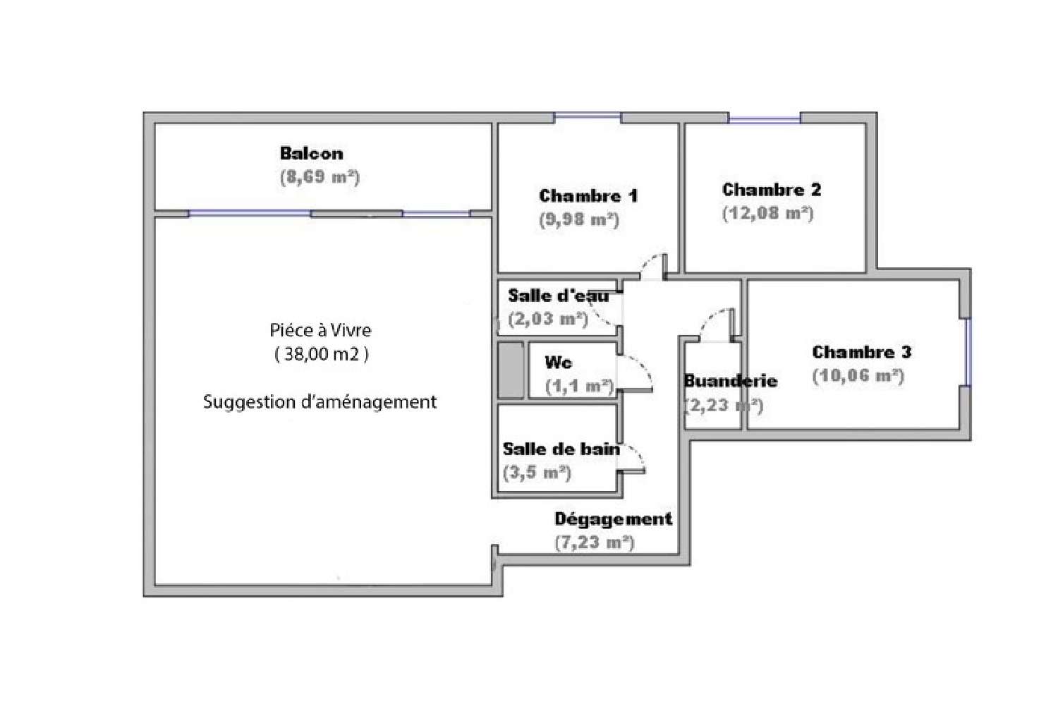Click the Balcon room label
(x=311, y=153)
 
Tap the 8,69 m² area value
(x=320, y=177)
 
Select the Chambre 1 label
(x=588, y=195)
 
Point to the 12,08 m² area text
(x=768, y=214)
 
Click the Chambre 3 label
(x=862, y=352)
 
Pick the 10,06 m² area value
(x=858, y=376)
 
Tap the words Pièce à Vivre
(x=321, y=330)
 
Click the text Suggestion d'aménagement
(x=320, y=402)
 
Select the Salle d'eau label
(x=559, y=296)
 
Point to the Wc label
(x=559, y=363)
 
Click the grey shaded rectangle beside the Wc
(x=511, y=370)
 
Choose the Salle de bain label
(x=561, y=449)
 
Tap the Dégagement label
(x=613, y=518)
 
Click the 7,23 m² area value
(x=595, y=542)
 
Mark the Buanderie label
(x=731, y=381)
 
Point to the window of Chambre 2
(x=764, y=119)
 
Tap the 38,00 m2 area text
(x=322, y=354)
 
